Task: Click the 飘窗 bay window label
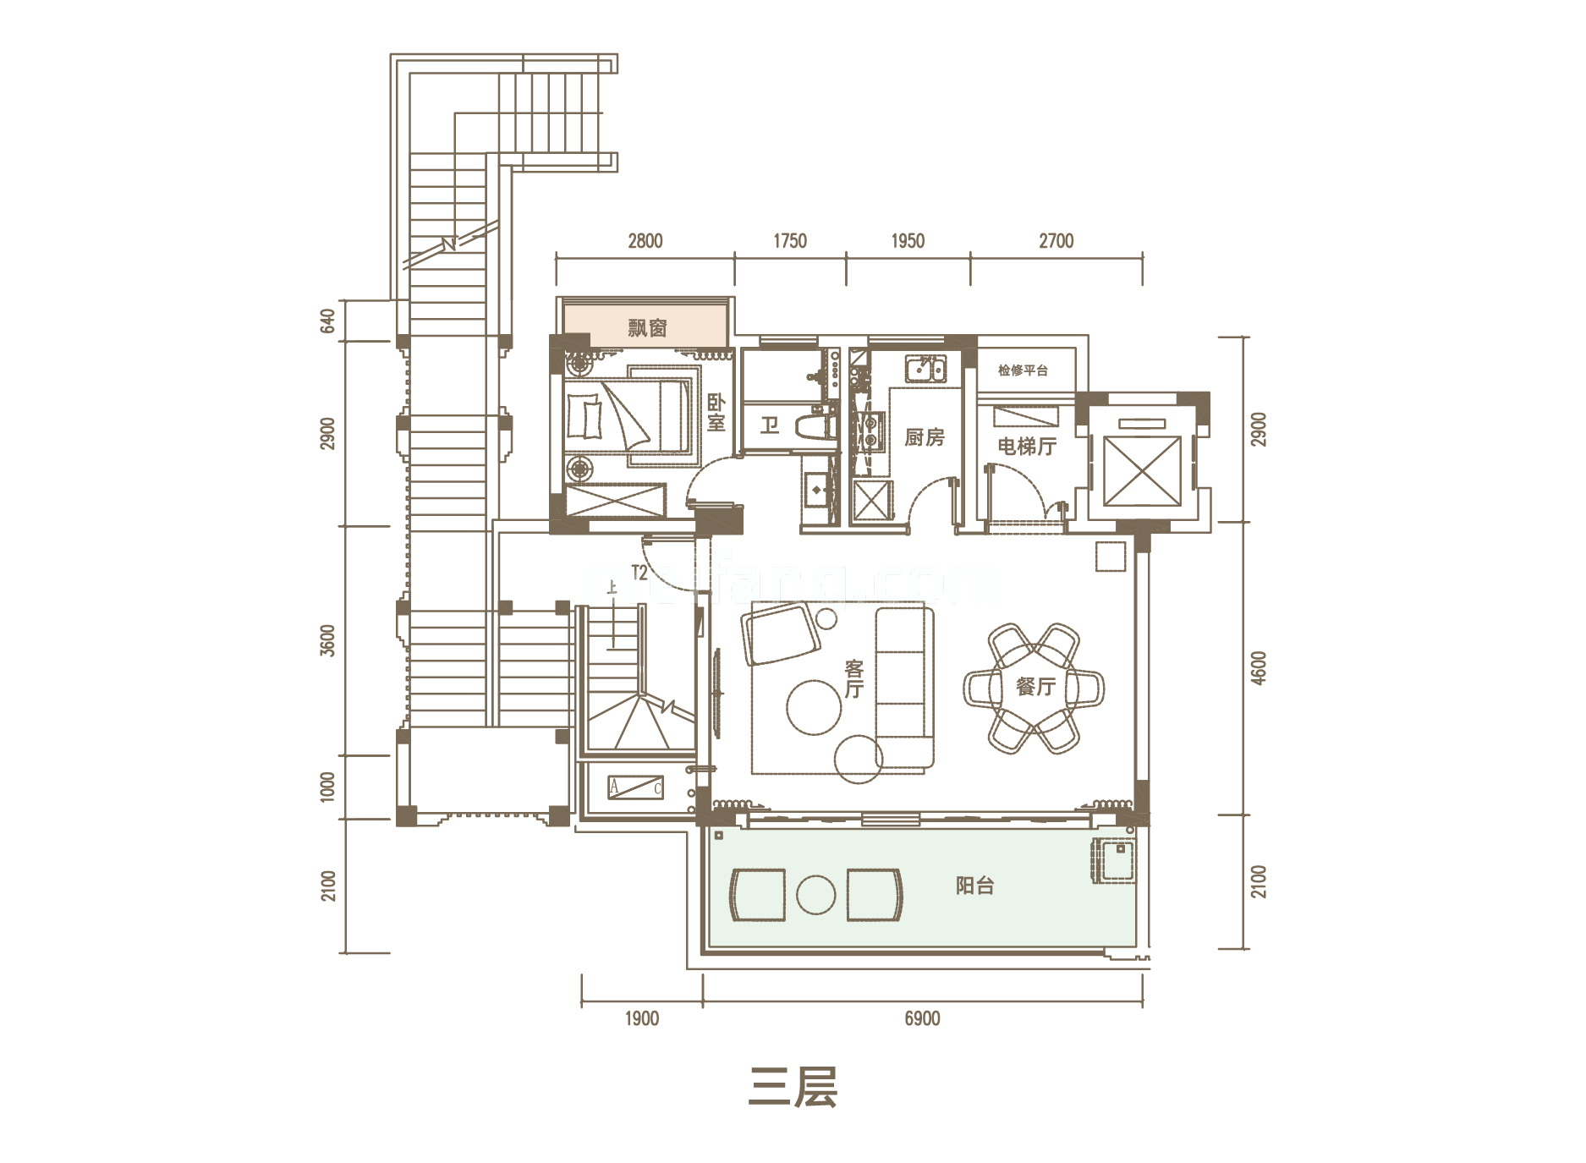(x=647, y=327)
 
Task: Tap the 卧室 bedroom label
(x=716, y=413)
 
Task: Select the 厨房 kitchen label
(x=924, y=437)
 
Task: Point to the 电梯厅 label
(x=1026, y=446)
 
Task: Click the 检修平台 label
(x=1023, y=370)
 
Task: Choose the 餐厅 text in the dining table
(x=1035, y=687)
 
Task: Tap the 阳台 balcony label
(x=974, y=886)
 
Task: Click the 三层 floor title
(x=793, y=1087)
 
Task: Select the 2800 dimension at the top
(x=645, y=241)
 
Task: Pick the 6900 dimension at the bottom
(x=922, y=1018)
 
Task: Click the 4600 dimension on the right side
(x=1259, y=668)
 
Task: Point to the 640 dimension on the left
(x=327, y=321)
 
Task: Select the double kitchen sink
(x=926, y=370)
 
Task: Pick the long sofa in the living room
(x=904, y=687)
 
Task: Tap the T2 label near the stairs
(x=639, y=573)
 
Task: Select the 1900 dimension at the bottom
(x=641, y=1018)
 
